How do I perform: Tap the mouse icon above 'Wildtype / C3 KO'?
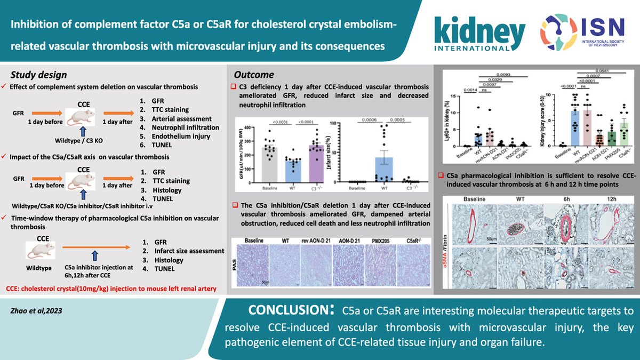pyautogui.click(x=79, y=113)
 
